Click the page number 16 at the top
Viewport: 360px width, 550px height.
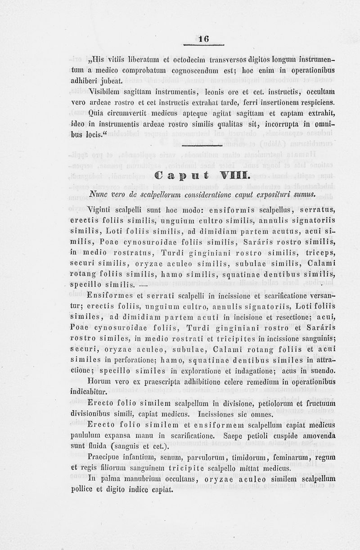click(x=205, y=39)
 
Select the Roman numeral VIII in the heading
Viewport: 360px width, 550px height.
click(x=233, y=175)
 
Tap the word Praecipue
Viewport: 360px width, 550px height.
click(x=106, y=457)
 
